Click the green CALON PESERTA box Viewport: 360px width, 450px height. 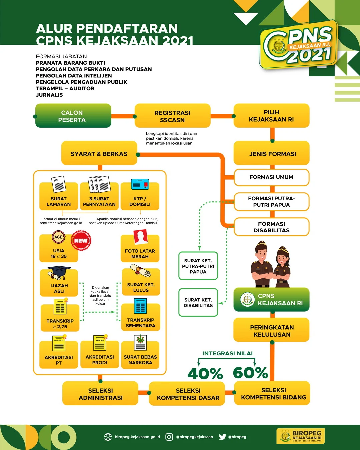[x=73, y=116]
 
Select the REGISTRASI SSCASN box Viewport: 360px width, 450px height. [x=172, y=116]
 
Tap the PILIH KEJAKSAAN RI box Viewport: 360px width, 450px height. [x=271, y=116]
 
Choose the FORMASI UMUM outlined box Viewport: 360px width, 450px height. [x=271, y=177]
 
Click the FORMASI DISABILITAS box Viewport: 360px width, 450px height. [x=271, y=227]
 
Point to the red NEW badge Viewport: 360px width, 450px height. [x=81, y=240]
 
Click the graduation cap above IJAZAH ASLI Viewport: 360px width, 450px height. [x=59, y=272]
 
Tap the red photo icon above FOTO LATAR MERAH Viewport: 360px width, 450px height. [x=140, y=237]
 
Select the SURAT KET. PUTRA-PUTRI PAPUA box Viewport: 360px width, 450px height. [x=198, y=266]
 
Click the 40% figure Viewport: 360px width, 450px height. [x=205, y=374]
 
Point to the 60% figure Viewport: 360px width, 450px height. [x=250, y=373]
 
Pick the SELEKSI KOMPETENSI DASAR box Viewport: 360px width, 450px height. [x=188, y=394]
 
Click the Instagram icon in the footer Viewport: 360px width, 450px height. [x=169, y=437]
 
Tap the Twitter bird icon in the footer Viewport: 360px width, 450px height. [x=222, y=437]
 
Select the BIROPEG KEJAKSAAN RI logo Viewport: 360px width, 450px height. [x=301, y=436]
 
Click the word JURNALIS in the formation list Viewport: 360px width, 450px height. [x=49, y=95]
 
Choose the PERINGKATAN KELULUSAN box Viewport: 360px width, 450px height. [x=272, y=331]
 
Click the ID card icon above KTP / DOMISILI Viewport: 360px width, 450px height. [x=140, y=184]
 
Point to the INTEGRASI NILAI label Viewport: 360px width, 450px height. [x=227, y=353]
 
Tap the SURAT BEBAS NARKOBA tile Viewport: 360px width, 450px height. [x=140, y=355]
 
